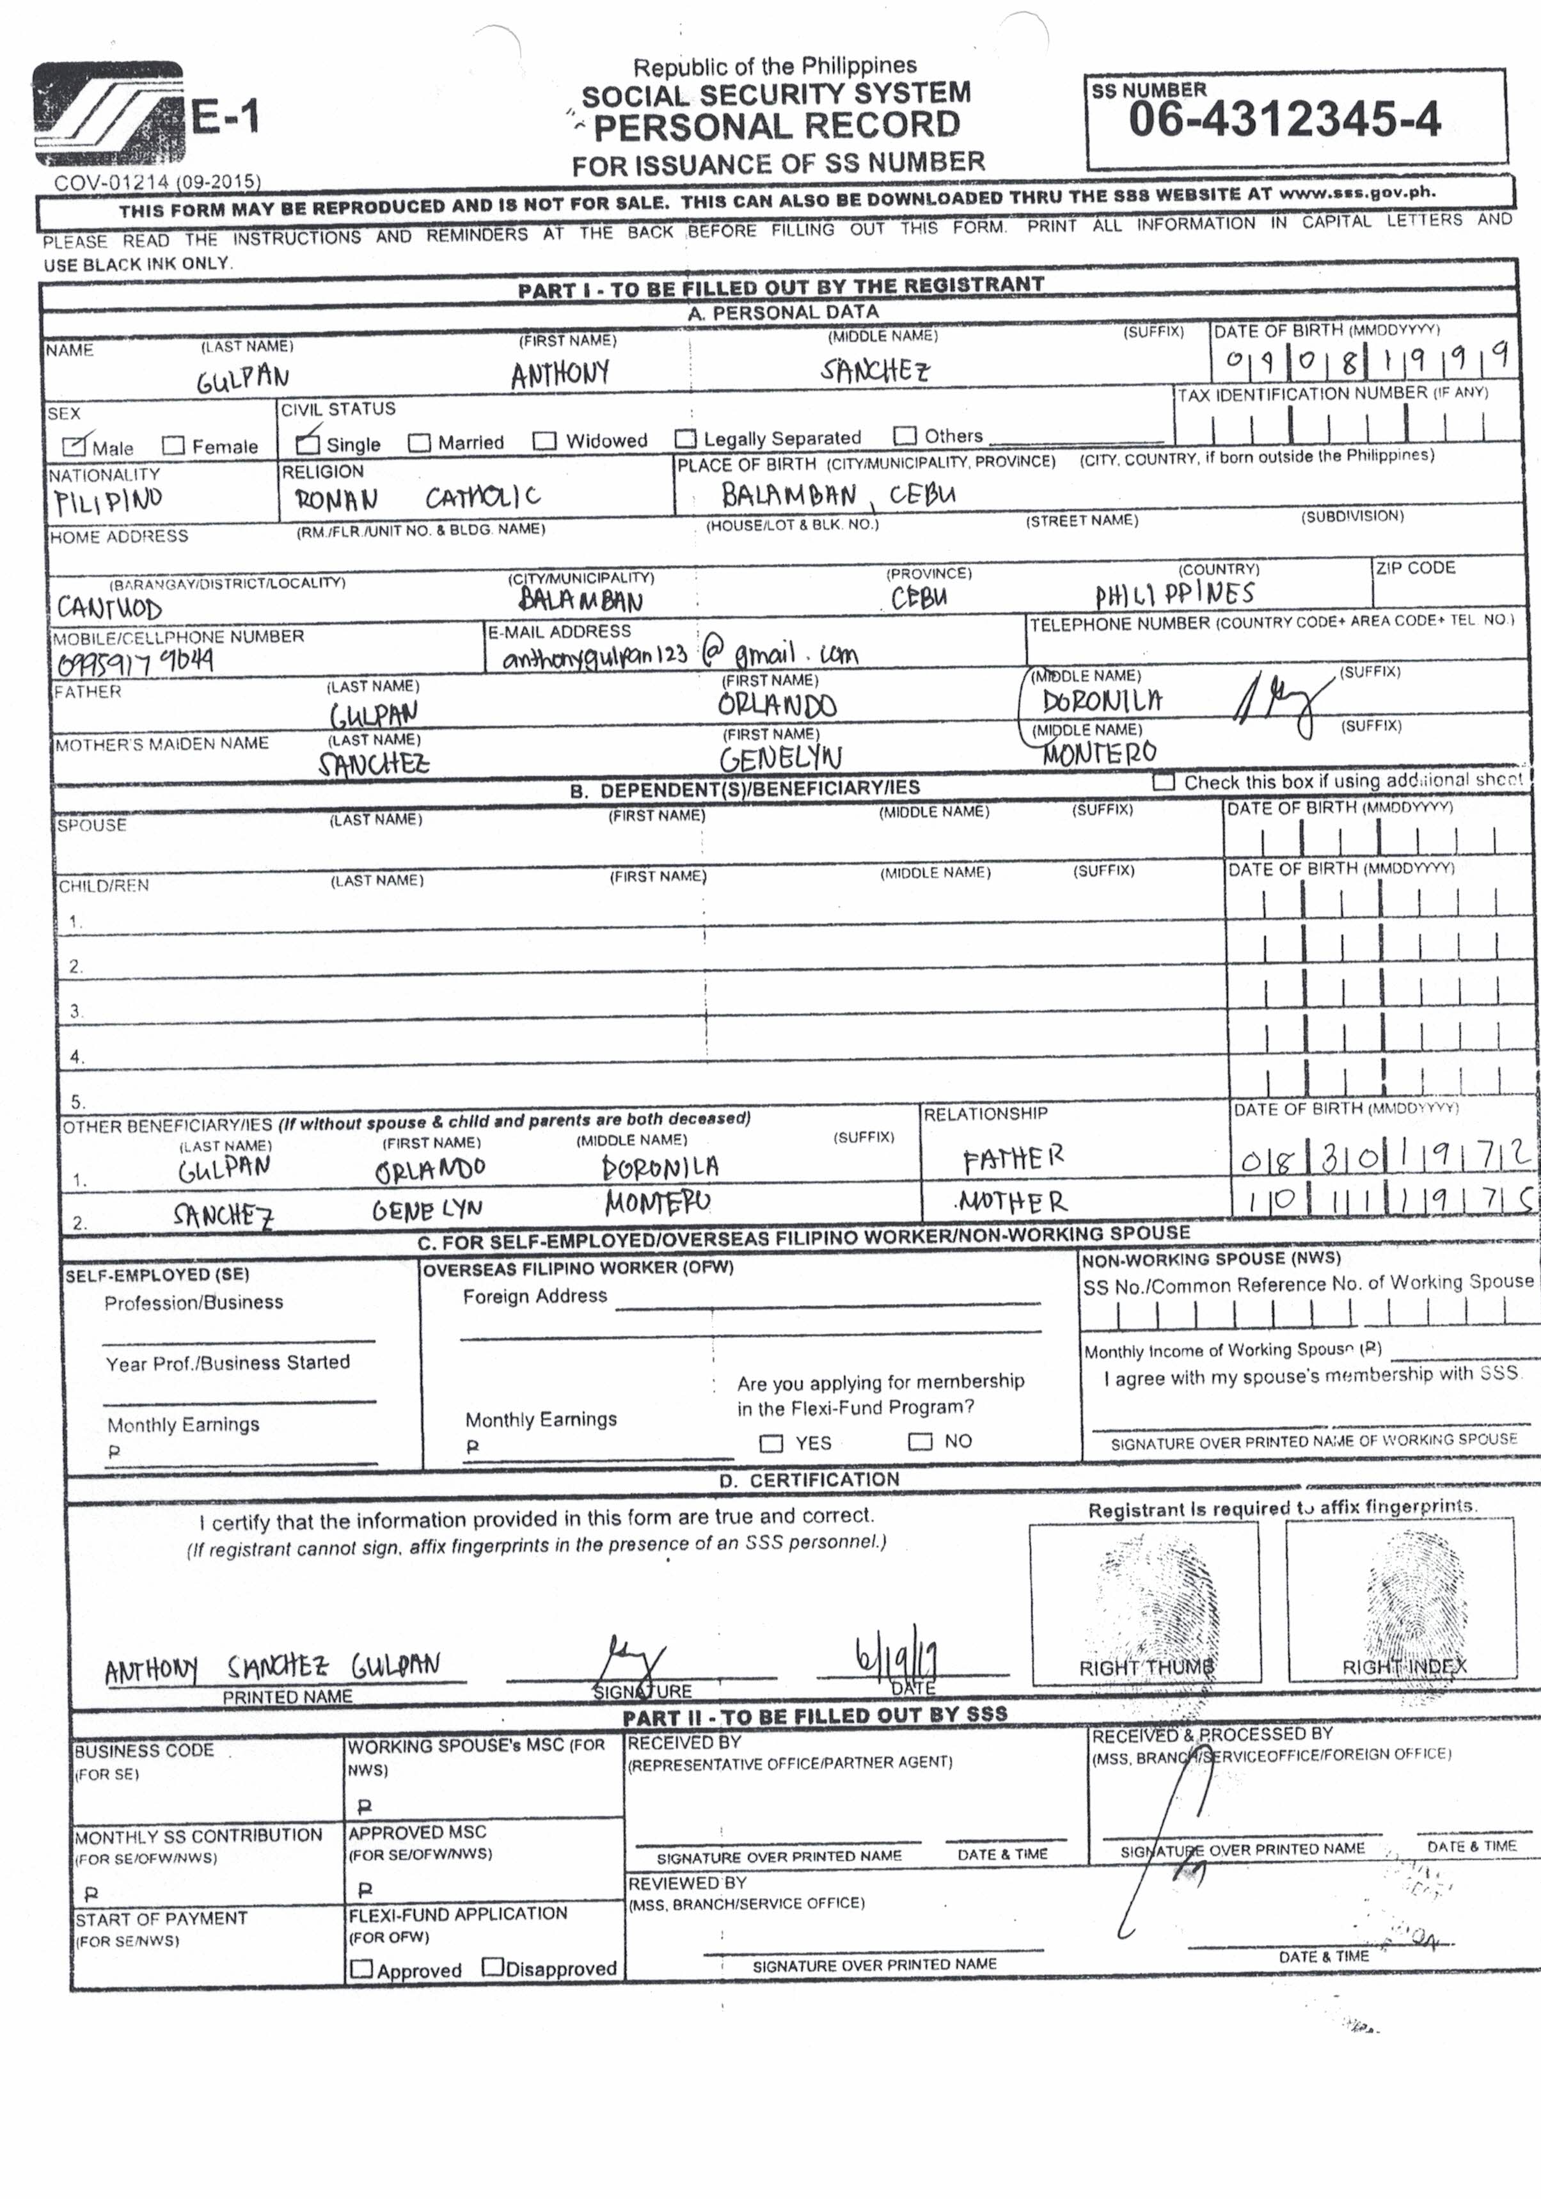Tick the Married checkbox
418,443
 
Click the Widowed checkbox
545,441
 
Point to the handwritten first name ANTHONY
560,372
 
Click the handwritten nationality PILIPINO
108,500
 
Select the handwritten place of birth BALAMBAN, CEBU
838,494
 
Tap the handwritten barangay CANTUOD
109,607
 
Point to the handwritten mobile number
135,661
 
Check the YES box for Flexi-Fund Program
770,1442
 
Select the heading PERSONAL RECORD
777,125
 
